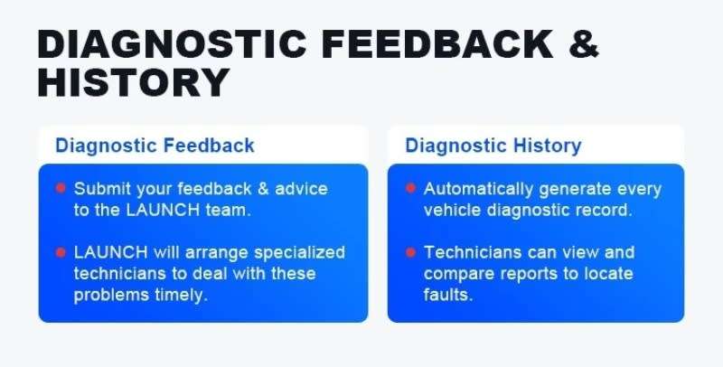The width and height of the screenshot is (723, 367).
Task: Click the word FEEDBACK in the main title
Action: point(437,44)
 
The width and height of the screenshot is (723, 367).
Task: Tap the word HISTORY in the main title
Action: point(134,82)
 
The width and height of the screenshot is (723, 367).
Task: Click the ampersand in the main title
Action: point(584,44)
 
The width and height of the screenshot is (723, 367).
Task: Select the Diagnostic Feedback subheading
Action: point(155,146)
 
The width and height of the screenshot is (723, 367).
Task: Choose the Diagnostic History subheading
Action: point(493,146)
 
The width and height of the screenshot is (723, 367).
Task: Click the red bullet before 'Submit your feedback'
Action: point(61,188)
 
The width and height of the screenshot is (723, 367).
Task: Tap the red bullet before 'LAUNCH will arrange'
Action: point(61,252)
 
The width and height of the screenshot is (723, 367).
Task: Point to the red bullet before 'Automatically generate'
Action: point(410,188)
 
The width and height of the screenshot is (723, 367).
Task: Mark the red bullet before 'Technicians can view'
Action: point(410,252)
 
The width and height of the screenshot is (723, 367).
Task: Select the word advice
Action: point(301,189)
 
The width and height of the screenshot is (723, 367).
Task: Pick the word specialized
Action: point(299,253)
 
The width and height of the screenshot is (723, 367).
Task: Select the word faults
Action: point(448,295)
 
